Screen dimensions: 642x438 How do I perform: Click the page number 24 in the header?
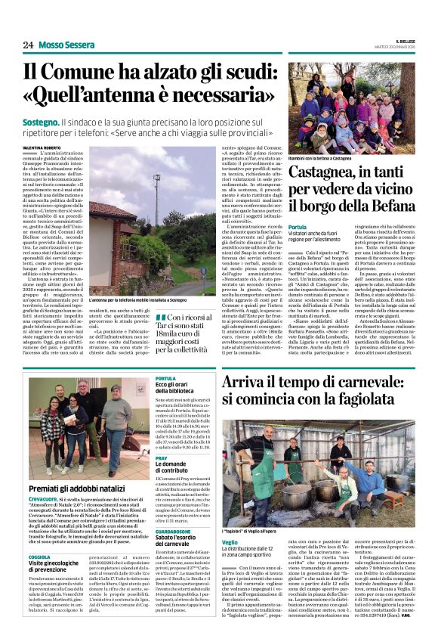27,45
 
